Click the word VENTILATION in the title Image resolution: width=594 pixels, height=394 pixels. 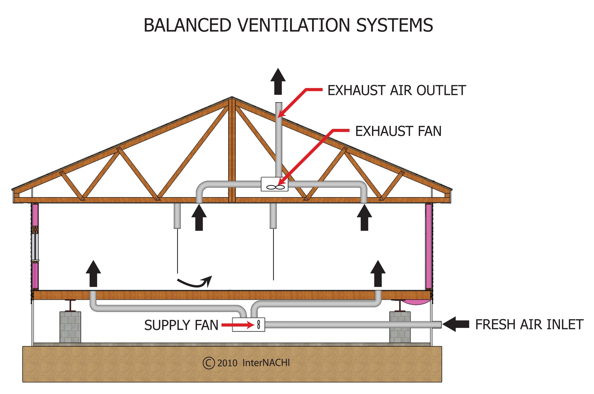[x=293, y=25]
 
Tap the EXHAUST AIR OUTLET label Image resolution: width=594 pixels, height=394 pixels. [x=396, y=91]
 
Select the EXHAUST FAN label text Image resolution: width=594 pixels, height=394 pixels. [x=398, y=131]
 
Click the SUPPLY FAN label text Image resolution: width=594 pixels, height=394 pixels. [x=181, y=325]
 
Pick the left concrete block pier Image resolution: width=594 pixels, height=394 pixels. [x=70, y=327]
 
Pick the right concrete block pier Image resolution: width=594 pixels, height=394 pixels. [x=400, y=327]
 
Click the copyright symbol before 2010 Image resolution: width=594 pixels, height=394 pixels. [x=209, y=363]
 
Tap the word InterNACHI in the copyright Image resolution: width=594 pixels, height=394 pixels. [x=266, y=363]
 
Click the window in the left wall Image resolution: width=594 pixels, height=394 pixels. [x=35, y=247]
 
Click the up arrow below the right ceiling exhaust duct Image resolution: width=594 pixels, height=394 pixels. [x=364, y=218]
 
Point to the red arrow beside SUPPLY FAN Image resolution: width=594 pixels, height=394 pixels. [x=238, y=325]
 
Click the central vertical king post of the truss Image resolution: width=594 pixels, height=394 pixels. [x=232, y=151]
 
